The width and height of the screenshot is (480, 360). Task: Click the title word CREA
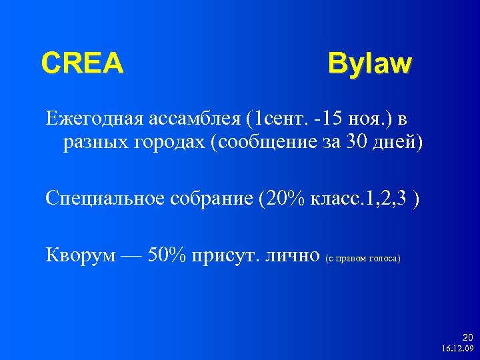pos(82,63)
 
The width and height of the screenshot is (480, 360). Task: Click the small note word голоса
pos(383,258)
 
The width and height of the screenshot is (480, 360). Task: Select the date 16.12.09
pos(457,348)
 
